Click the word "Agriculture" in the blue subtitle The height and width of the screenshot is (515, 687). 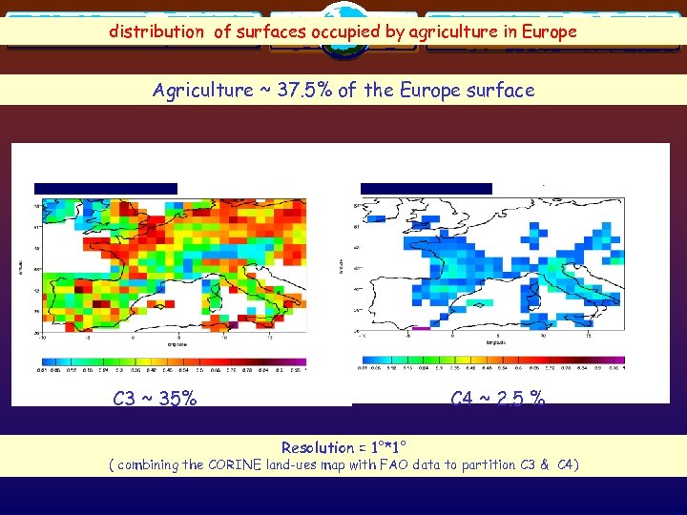click(201, 91)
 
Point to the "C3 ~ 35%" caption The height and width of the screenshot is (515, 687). click(155, 398)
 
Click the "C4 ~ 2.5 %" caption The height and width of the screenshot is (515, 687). click(498, 398)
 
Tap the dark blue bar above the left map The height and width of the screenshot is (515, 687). click(105, 188)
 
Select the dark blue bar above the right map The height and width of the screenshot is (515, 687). click(426, 188)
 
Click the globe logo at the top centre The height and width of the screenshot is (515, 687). click(343, 21)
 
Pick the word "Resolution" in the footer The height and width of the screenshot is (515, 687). click(317, 447)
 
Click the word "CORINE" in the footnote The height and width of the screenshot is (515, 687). click(246, 464)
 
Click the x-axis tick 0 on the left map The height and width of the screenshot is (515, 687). click(133, 337)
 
